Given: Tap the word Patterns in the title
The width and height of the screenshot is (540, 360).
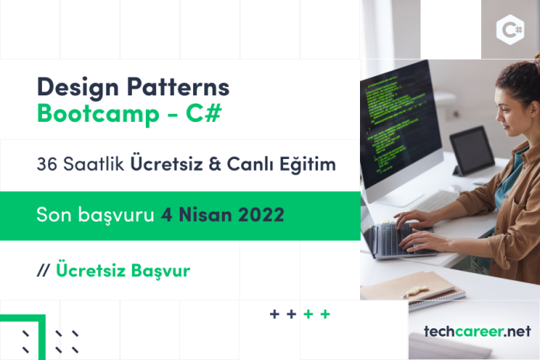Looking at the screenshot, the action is point(178,86).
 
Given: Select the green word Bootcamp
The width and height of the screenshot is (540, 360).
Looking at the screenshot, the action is point(99,114).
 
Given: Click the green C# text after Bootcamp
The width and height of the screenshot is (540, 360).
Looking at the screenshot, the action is point(203,112).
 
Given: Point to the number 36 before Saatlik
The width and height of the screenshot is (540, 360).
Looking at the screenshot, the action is point(47,164).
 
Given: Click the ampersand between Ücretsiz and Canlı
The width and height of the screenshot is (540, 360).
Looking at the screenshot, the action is point(215,164).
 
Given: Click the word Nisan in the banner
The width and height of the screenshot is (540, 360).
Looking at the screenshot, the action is point(205,215).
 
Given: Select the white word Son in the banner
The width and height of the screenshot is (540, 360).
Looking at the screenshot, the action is point(54,215).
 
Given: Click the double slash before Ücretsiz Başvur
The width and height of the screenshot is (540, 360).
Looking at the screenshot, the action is point(43,271).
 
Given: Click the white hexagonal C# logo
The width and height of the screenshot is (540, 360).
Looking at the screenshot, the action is point(511,29).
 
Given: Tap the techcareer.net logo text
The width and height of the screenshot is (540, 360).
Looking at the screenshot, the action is point(477,331).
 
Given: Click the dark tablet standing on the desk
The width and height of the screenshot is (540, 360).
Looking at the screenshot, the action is point(472,151).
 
